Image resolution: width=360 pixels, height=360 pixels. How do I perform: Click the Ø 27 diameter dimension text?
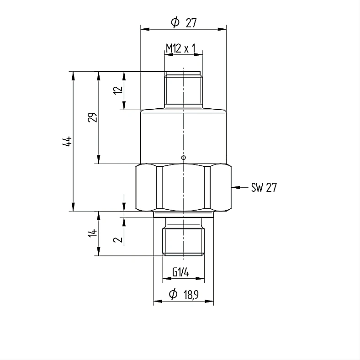(x=184, y=22)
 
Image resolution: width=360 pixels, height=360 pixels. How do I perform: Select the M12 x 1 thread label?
(x=181, y=48)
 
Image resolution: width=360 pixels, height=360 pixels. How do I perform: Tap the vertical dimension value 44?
(x=67, y=141)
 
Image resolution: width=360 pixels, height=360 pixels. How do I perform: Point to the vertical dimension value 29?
(x=93, y=117)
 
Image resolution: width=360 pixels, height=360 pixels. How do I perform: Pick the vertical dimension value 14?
(x=93, y=233)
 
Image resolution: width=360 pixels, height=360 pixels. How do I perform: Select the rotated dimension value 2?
(x=118, y=240)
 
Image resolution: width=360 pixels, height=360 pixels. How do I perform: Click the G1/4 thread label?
(x=181, y=273)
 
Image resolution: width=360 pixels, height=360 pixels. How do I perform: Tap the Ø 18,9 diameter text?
(x=184, y=294)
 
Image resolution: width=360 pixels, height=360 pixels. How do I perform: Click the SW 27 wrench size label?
(x=264, y=187)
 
